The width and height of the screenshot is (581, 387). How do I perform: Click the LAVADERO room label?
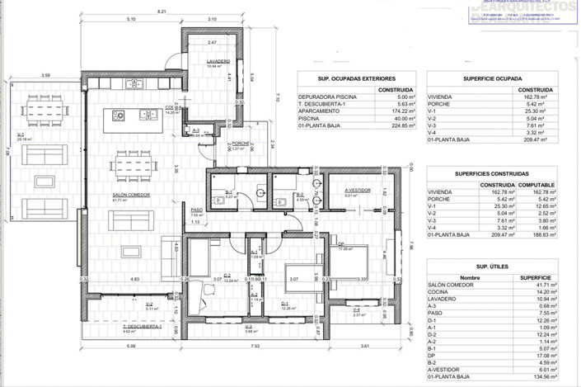click(218, 63)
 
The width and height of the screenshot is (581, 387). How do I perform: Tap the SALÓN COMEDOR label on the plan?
click(131, 195)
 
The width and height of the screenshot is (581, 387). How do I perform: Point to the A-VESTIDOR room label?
click(358, 190)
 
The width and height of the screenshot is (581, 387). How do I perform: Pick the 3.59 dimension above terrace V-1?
click(47, 76)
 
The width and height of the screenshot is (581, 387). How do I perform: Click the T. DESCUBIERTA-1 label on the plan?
click(142, 326)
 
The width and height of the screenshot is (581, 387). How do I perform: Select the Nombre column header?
click(470, 277)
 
